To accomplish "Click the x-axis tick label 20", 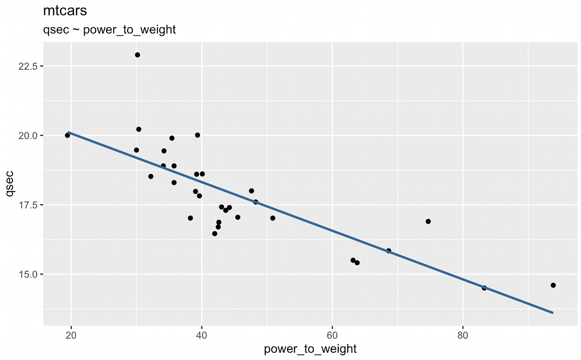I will point(71,336).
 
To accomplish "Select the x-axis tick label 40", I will point(202,336).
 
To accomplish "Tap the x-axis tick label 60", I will point(333,336).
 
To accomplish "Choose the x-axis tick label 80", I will point(463,336).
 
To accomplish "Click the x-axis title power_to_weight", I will point(310,349).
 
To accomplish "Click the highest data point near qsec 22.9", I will point(138,55).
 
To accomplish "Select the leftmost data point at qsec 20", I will point(67,135).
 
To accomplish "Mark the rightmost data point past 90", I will point(553,285).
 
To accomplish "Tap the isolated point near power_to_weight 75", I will point(428,221).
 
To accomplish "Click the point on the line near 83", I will point(484,288).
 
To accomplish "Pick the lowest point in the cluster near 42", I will point(214,234).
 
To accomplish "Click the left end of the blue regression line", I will point(68,132).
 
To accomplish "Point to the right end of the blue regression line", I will point(552,313).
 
